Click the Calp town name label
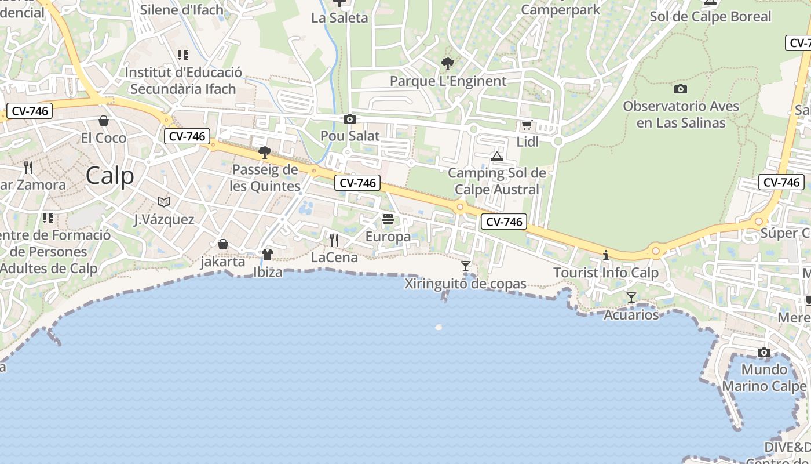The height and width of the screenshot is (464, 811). tap(110, 176)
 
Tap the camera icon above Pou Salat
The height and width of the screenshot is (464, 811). tap(350, 119)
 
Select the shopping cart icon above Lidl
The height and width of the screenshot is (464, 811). tap(527, 125)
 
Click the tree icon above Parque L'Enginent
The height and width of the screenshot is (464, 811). tap(447, 64)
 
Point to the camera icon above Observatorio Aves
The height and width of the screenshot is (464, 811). tap(681, 89)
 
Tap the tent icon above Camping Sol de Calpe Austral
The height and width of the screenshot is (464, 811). tap(496, 156)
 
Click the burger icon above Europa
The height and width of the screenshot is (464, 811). tap(388, 219)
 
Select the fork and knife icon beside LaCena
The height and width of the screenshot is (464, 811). tap(334, 240)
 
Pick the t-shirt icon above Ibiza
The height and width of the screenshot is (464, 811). tap(267, 254)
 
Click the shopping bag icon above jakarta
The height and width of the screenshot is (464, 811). tap(222, 244)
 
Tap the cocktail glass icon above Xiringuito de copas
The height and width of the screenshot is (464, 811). tap(466, 266)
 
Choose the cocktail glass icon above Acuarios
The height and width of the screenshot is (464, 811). tap(631, 298)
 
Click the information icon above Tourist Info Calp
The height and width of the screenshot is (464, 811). tap(606, 255)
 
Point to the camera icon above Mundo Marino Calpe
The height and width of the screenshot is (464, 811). tap(764, 353)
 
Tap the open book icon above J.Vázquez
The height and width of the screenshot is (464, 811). tap(164, 202)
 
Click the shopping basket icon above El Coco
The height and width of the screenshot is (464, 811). tap(104, 121)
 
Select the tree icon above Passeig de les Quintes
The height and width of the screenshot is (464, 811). tap(265, 153)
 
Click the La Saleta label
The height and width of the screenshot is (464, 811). tap(339, 18)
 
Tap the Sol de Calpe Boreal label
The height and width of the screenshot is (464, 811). tap(710, 16)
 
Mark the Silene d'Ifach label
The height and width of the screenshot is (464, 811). tap(182, 10)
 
